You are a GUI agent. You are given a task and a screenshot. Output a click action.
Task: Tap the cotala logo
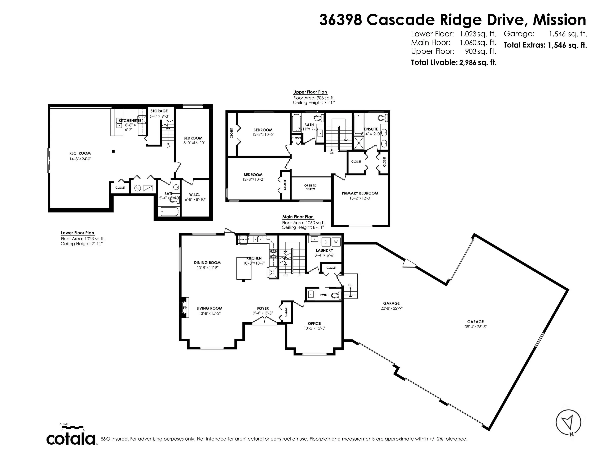point(71,439)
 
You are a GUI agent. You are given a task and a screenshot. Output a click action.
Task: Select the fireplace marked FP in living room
point(184,308)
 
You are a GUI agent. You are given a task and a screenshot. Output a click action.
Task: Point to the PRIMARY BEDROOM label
point(360,193)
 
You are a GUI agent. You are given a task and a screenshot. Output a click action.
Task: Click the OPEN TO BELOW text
point(310,187)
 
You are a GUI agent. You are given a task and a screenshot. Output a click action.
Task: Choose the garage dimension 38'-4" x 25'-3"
point(475,327)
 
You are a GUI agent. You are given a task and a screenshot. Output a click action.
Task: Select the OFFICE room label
point(314,324)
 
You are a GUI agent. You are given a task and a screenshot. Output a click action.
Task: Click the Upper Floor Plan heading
point(310,92)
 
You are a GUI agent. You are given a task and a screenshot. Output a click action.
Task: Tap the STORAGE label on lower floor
point(159,111)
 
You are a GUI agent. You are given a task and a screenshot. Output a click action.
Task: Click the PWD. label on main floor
point(324,295)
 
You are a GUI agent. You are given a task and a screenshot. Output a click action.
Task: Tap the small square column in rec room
point(113,151)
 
